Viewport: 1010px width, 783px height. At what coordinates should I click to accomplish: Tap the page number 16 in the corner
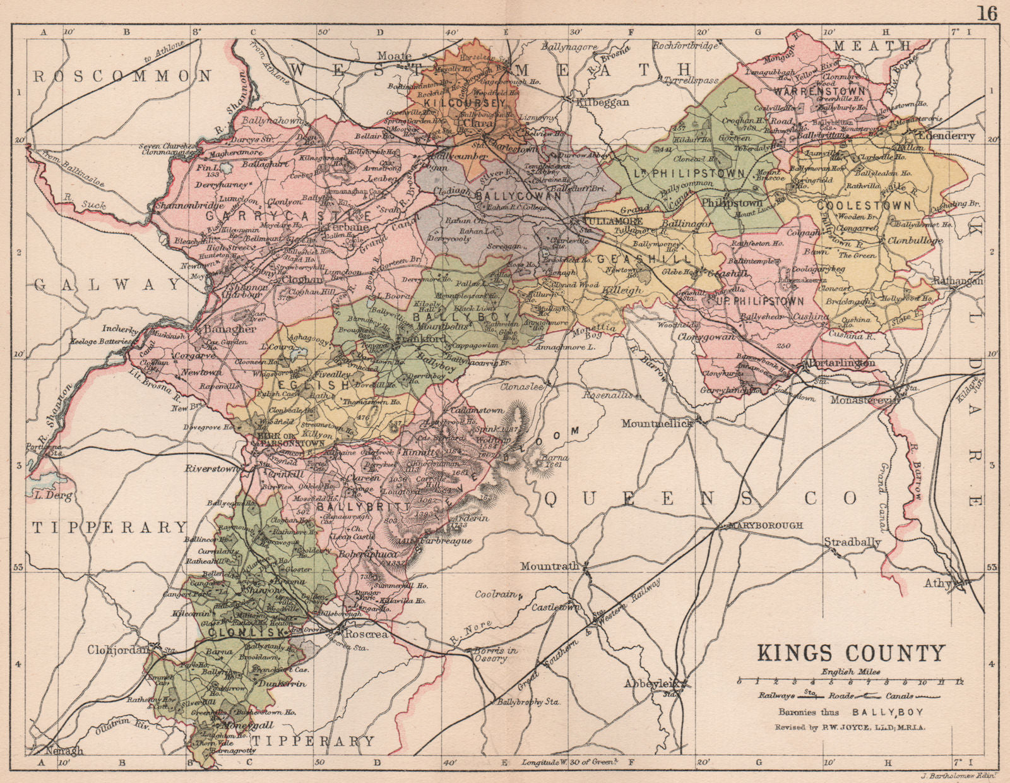pyautogui.click(x=987, y=13)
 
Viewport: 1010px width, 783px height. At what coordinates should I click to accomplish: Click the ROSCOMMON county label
pyautogui.click(x=122, y=76)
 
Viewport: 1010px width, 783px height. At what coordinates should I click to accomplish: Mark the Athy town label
pyautogui.click(x=938, y=583)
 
